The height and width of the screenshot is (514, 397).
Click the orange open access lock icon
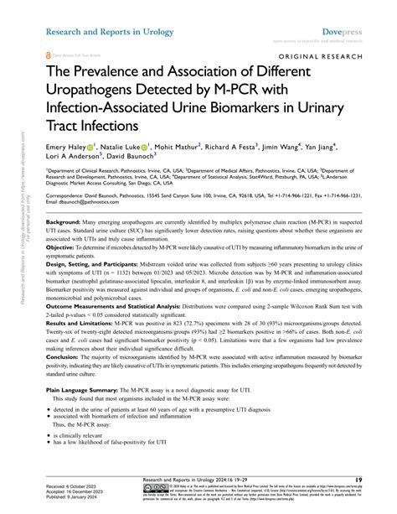pyautogui.click(x=49, y=54)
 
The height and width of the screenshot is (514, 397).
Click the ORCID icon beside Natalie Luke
pyautogui.click(x=145, y=144)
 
